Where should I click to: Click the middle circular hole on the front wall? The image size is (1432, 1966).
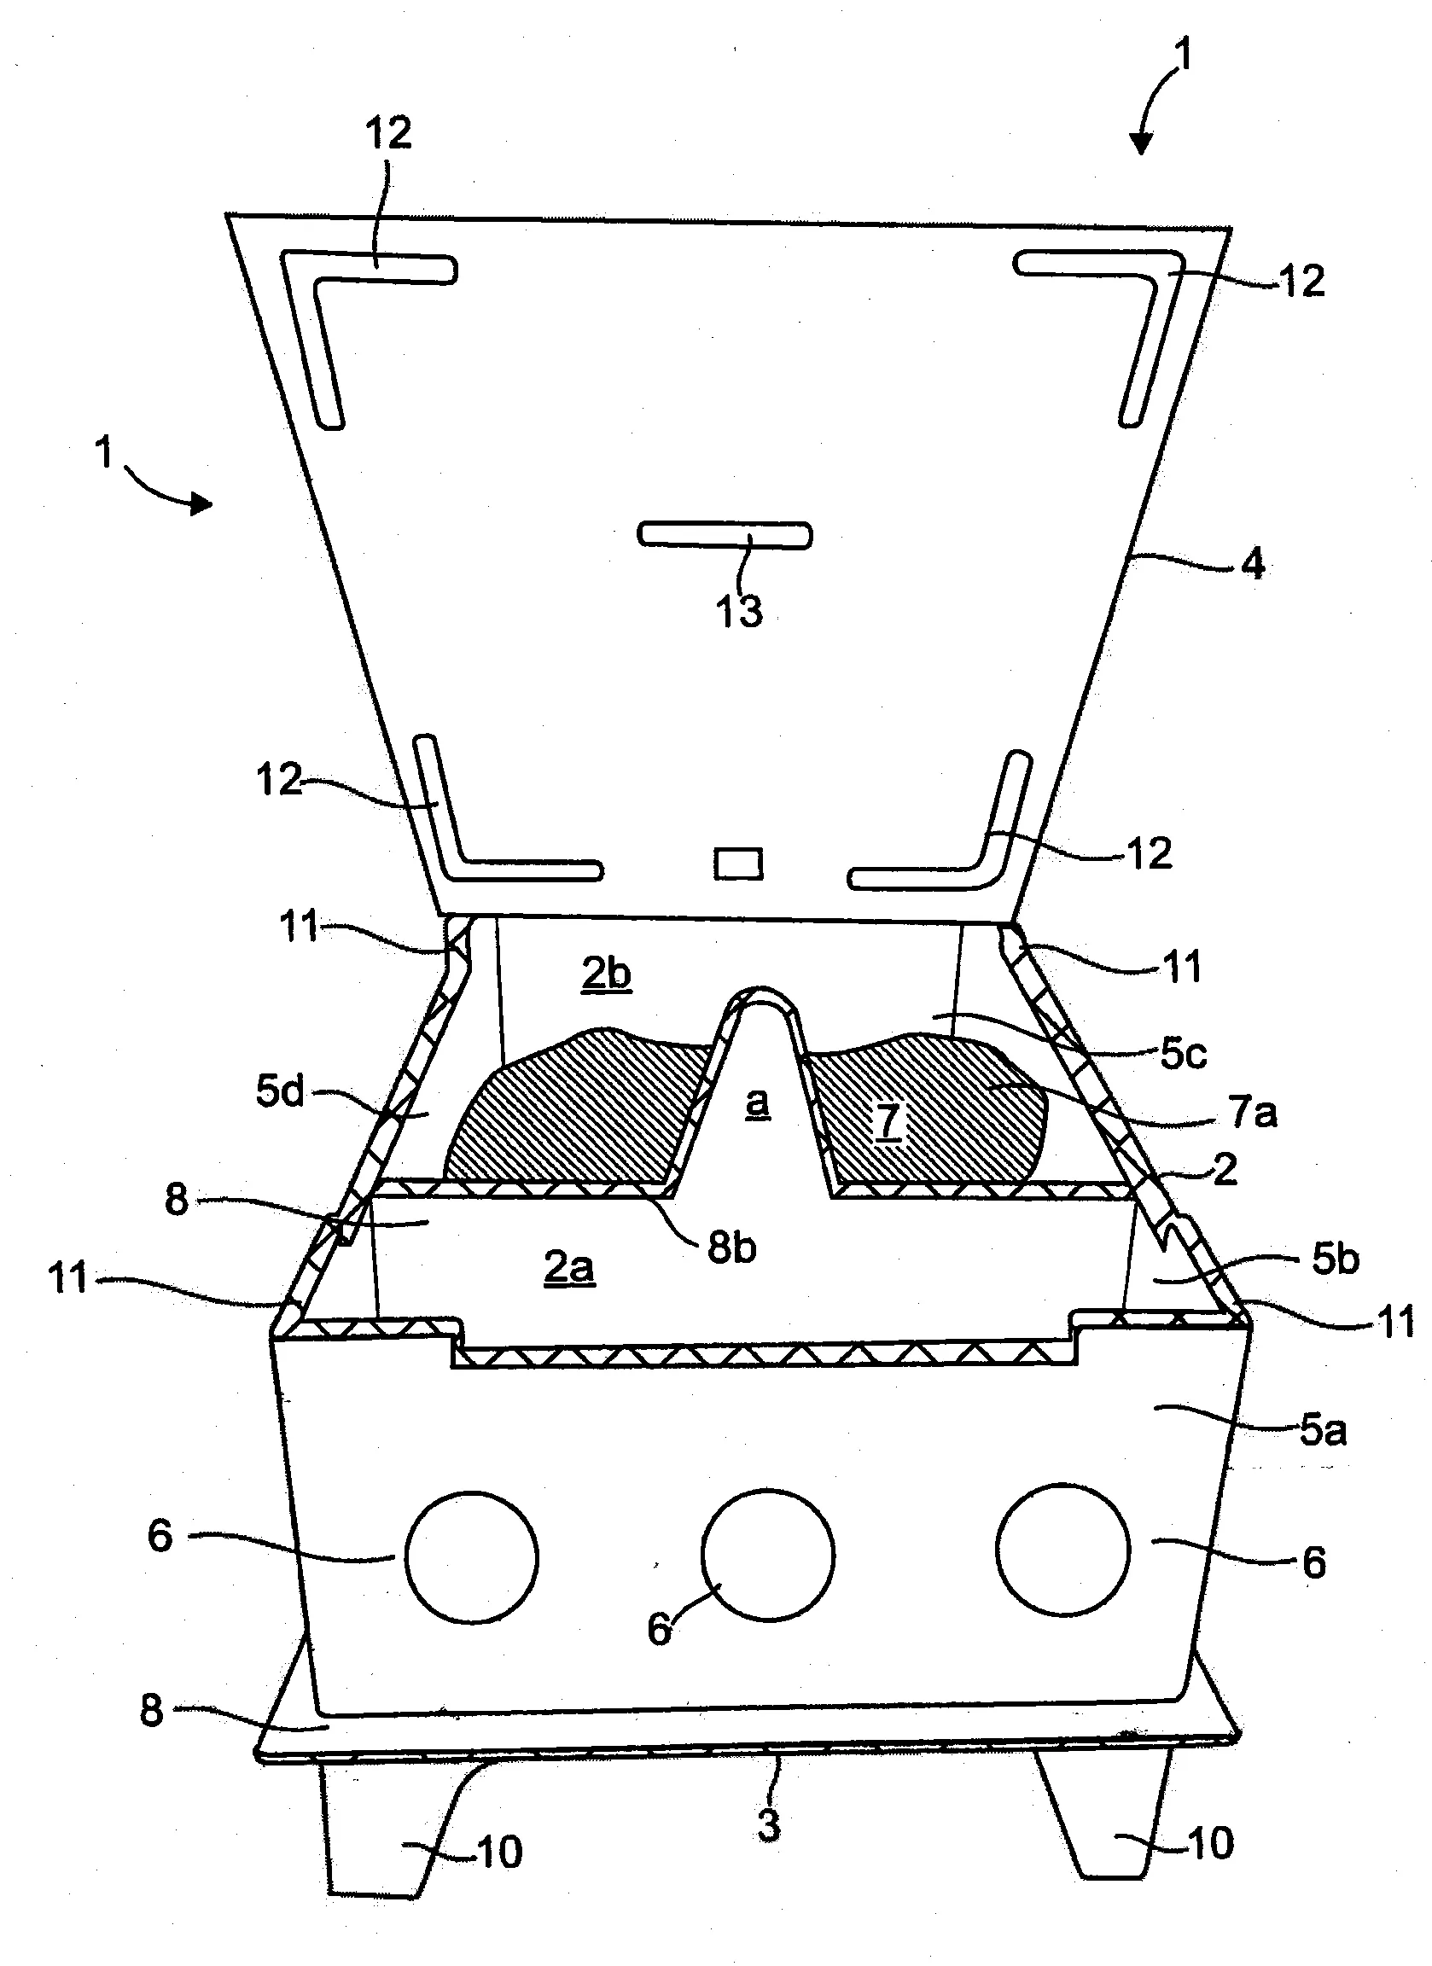pyautogui.click(x=768, y=1556)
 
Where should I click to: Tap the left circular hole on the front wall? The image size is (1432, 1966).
pyautogui.click(x=472, y=1558)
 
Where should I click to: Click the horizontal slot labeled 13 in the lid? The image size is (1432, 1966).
pyautogui.click(x=725, y=535)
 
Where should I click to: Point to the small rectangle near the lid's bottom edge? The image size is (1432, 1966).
pyautogui.click(x=738, y=864)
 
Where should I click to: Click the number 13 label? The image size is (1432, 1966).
pyautogui.click(x=739, y=611)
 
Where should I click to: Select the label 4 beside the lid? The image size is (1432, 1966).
pyautogui.click(x=1254, y=564)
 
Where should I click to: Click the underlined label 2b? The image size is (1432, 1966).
pyautogui.click(x=607, y=974)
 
